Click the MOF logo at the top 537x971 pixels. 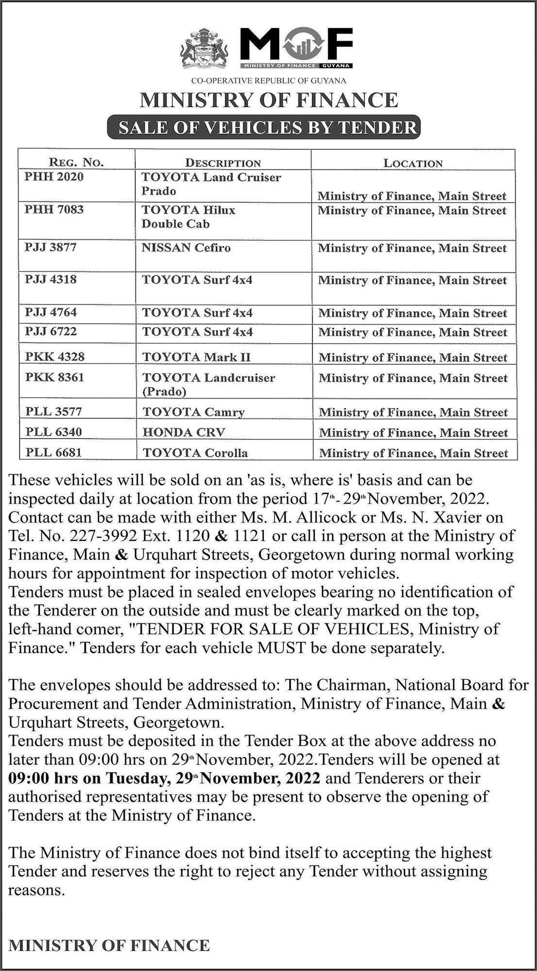(x=296, y=48)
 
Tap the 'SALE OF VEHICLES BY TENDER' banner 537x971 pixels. (x=268, y=127)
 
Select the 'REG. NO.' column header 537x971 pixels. (x=76, y=163)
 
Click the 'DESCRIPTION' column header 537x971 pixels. (x=223, y=163)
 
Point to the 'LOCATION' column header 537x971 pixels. (x=413, y=163)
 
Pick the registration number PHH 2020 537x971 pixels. (x=54, y=177)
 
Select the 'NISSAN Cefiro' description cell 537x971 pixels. (x=186, y=248)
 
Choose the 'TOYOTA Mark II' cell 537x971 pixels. (x=196, y=357)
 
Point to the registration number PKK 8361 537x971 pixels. (x=54, y=377)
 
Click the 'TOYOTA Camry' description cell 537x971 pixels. (x=193, y=412)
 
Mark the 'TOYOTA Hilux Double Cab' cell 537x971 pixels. (x=188, y=217)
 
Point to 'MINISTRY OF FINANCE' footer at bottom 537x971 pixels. (x=109, y=945)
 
